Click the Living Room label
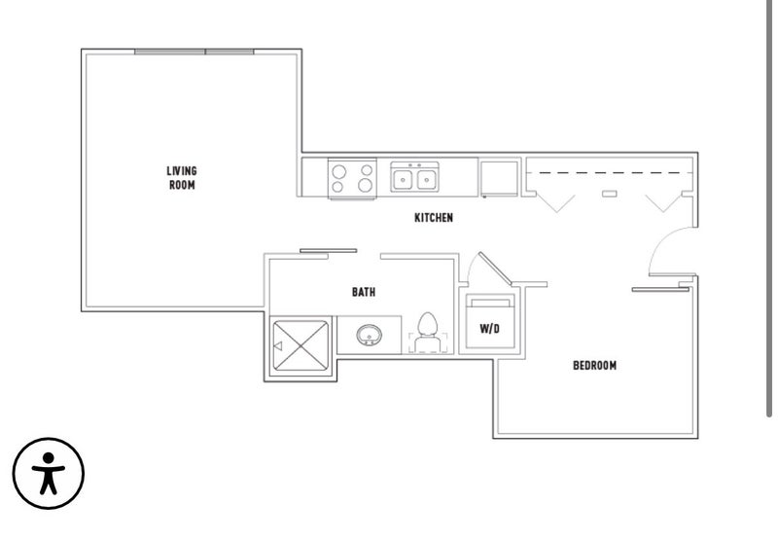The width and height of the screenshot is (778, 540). click(x=182, y=178)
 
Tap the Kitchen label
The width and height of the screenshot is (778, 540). click(x=434, y=217)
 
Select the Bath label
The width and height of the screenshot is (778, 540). click(x=364, y=292)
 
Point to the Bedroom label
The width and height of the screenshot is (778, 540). click(x=594, y=366)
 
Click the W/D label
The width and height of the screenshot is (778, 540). click(x=490, y=329)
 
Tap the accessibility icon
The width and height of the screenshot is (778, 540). click(x=48, y=473)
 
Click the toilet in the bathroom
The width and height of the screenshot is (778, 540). click(x=427, y=333)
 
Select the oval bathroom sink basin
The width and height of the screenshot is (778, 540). click(x=369, y=335)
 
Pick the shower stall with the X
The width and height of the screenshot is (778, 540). click(x=301, y=346)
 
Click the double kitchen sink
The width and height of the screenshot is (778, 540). click(x=414, y=177)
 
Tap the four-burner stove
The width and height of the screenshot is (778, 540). click(x=352, y=179)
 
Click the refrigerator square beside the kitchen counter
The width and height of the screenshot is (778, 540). click(x=499, y=178)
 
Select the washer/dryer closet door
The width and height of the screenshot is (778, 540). click(x=495, y=269)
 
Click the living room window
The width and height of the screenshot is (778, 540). click(x=194, y=52)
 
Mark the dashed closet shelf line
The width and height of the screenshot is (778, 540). click(x=610, y=173)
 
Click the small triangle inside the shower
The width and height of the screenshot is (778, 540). click(x=278, y=346)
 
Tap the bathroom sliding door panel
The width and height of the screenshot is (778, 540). click(x=328, y=251)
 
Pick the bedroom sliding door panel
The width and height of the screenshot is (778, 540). click(x=660, y=289)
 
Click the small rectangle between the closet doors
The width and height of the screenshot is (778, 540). click(x=610, y=194)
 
